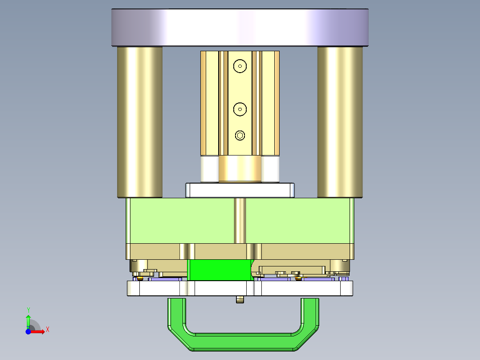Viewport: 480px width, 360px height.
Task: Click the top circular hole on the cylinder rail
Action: [x=240, y=66]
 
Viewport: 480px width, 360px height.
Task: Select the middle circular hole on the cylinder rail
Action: [x=240, y=108]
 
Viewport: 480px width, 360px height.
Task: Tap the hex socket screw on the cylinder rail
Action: [x=240, y=135]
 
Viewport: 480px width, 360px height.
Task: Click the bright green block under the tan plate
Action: [x=220, y=270]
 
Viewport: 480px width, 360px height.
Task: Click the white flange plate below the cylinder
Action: [x=240, y=190]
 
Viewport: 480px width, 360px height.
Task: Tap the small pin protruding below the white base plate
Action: [x=240, y=299]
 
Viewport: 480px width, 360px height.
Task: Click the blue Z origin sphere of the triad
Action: [x=28, y=331]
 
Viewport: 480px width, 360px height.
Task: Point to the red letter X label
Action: [x=47, y=330]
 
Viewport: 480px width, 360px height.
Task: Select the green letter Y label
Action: [x=28, y=310]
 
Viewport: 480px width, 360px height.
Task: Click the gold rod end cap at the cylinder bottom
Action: [x=240, y=169]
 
